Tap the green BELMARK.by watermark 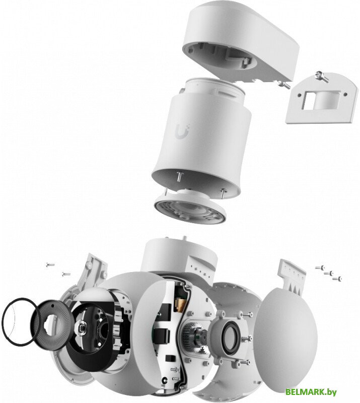(x=311, y=392)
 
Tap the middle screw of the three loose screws (x=328, y=273)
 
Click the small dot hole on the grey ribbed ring (x=52, y=306)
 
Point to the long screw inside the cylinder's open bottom (x=180, y=177)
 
